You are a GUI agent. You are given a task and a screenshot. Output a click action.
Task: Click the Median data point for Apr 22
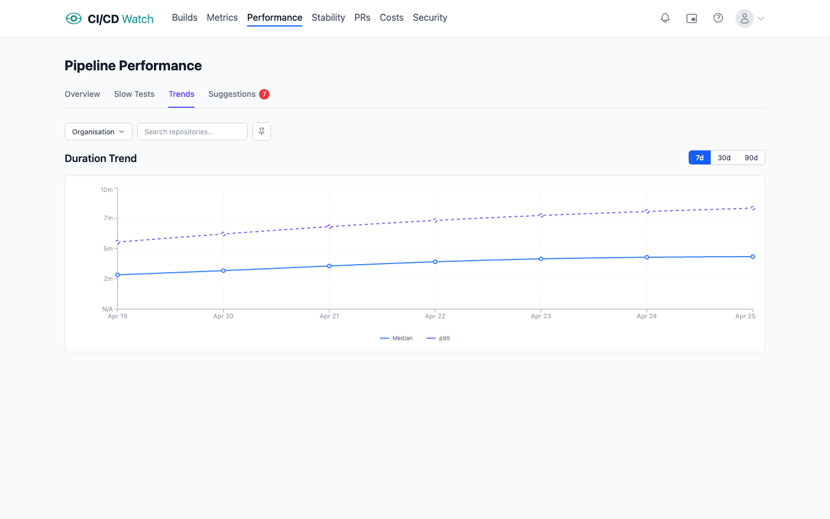pos(435,262)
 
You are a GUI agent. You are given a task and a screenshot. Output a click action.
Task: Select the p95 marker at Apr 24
pos(647,212)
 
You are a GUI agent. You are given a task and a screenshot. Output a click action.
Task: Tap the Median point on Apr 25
pos(753,257)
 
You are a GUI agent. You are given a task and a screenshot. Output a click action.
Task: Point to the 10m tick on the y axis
pos(107,190)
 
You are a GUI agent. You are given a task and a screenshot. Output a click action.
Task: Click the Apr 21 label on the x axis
pos(329,316)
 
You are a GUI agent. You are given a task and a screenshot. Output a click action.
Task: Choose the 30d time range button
pos(724,158)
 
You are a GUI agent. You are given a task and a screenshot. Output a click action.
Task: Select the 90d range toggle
pos(751,158)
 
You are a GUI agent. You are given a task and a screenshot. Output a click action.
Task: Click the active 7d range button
pos(700,158)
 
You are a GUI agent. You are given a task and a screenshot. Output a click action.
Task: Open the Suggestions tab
pos(232,94)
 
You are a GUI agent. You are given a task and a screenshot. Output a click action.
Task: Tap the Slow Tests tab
pos(134,94)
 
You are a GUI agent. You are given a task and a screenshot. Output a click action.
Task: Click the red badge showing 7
pos(265,94)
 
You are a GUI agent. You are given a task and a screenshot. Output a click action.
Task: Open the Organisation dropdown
pos(99,131)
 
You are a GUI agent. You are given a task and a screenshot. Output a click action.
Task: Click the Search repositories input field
pos(193,131)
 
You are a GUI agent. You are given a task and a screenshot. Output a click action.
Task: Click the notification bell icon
pos(665,18)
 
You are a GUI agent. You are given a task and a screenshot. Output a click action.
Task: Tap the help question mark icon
pos(718,18)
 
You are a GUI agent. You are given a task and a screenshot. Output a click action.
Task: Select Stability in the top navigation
pos(328,17)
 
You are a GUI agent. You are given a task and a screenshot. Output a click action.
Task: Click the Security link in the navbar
pos(430,17)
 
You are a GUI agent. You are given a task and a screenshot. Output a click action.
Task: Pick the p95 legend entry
pos(439,339)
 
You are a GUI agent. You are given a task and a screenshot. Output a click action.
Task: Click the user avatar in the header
pos(745,18)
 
